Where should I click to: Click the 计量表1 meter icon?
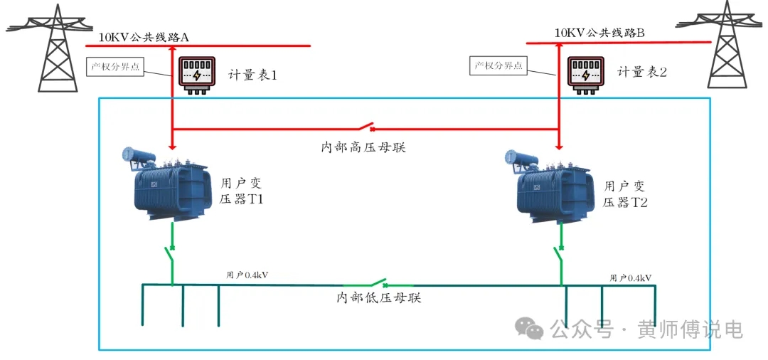coord(196,75)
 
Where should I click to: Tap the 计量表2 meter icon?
coord(585,75)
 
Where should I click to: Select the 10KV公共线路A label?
coord(144,36)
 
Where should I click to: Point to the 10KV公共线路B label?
coord(599,33)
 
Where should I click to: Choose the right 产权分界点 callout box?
coord(500,66)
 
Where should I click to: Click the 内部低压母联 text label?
coord(379,298)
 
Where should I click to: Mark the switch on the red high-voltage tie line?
coord(366,128)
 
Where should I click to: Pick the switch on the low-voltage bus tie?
coord(375,283)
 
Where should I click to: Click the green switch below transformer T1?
coord(171,254)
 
